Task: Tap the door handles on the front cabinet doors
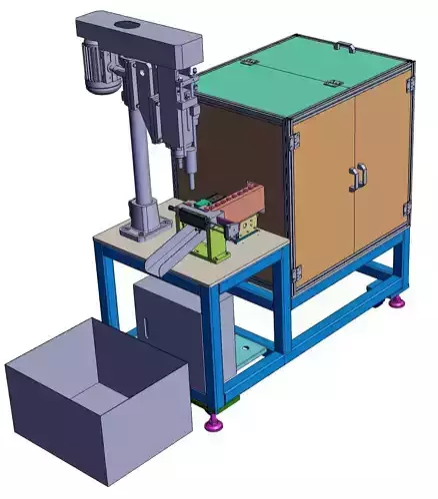point(355,178)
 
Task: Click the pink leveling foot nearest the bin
point(213,426)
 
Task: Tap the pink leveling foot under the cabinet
point(398,300)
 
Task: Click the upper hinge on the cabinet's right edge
point(408,88)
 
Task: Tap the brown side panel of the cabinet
point(245,150)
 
